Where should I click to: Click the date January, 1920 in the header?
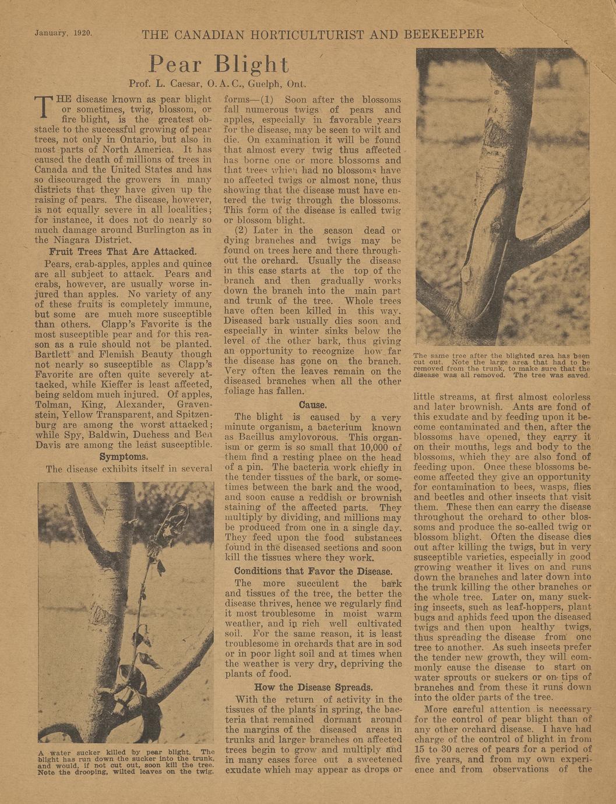click(x=64, y=33)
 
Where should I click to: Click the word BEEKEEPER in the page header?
click(x=444, y=34)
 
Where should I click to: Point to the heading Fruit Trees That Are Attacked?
click(x=122, y=252)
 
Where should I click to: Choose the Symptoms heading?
click(x=124, y=456)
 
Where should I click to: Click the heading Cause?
click(x=312, y=404)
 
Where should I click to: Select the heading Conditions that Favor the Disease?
click(x=313, y=571)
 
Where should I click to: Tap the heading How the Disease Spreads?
click(x=313, y=687)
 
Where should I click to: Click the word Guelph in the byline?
click(x=267, y=83)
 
